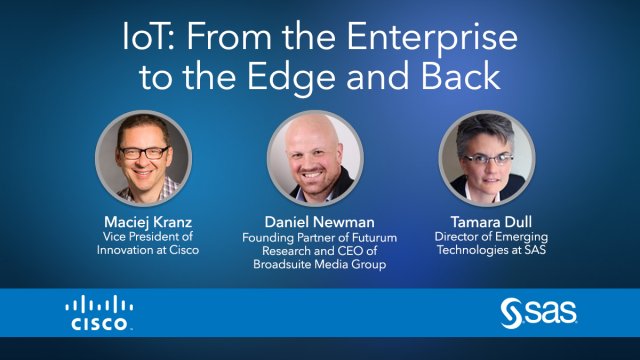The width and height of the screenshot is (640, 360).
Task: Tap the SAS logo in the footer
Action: coord(539,313)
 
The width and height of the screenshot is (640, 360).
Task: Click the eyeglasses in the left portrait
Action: coord(143,152)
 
